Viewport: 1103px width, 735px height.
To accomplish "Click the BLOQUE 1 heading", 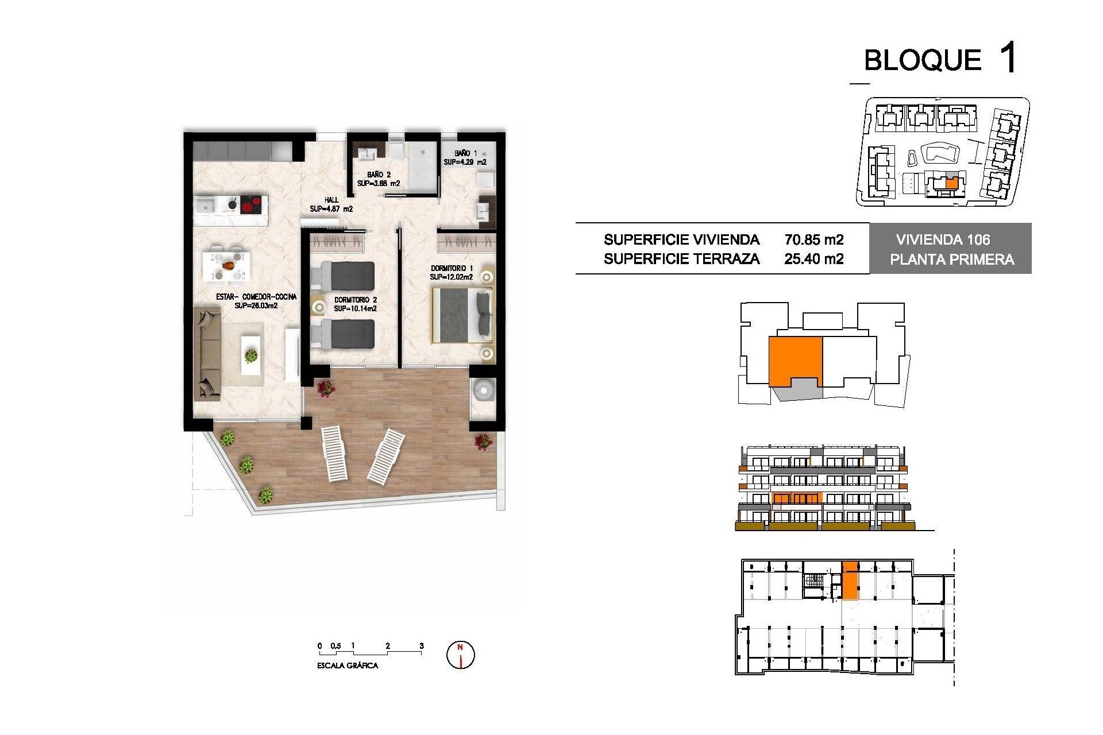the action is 940,59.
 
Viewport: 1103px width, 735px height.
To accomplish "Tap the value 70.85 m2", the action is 814,239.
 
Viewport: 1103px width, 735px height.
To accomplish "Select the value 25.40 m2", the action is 814,259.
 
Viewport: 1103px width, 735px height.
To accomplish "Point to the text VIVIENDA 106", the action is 943,240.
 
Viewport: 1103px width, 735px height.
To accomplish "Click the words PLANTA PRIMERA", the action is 952,260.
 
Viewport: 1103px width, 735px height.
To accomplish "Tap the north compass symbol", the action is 461,655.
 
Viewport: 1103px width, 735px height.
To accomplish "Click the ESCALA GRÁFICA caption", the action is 348,666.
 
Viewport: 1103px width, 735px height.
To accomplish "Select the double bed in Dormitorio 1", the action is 463,315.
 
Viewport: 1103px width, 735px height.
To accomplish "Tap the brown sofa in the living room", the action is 207,353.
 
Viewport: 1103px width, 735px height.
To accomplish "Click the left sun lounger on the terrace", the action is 334,454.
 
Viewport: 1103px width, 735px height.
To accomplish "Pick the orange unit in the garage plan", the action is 850,581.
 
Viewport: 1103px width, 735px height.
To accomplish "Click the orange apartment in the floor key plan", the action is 795,360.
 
